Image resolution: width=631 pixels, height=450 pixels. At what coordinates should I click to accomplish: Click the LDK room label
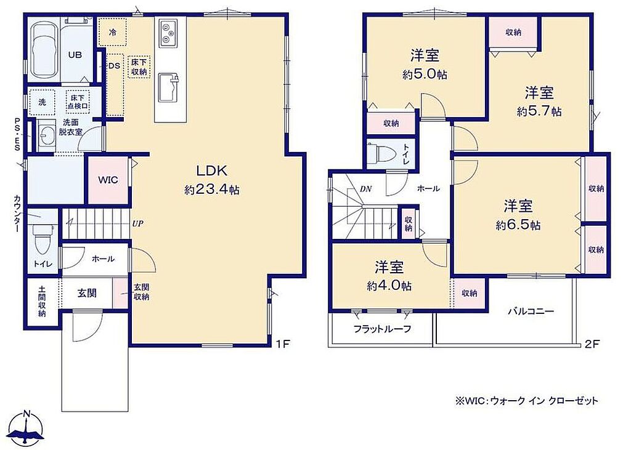(x=212, y=171)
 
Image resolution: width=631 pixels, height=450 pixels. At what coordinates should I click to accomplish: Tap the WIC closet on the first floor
(x=108, y=180)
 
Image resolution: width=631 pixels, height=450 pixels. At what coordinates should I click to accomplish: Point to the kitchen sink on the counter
(x=169, y=87)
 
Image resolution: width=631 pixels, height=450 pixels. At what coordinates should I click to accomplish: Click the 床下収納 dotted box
(x=139, y=66)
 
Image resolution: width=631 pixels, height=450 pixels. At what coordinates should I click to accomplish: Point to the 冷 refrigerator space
(x=113, y=32)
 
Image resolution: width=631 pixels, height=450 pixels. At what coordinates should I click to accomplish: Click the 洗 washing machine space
(x=43, y=102)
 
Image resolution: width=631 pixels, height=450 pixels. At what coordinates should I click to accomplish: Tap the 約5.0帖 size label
(x=425, y=74)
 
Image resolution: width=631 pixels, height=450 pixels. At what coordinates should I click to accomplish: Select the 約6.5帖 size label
(x=518, y=225)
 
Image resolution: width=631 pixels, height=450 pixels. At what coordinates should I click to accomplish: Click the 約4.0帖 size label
(x=389, y=286)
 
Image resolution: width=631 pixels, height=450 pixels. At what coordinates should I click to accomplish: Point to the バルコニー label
(x=531, y=311)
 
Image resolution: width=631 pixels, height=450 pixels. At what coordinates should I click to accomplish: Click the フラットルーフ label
(x=382, y=329)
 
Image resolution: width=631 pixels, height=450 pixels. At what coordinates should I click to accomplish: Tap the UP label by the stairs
(x=137, y=223)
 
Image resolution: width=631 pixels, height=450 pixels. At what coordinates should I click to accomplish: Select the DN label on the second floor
(x=365, y=188)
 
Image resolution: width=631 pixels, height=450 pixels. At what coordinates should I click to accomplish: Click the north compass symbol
(x=26, y=430)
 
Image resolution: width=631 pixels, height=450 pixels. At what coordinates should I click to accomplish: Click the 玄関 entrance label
(x=87, y=293)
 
